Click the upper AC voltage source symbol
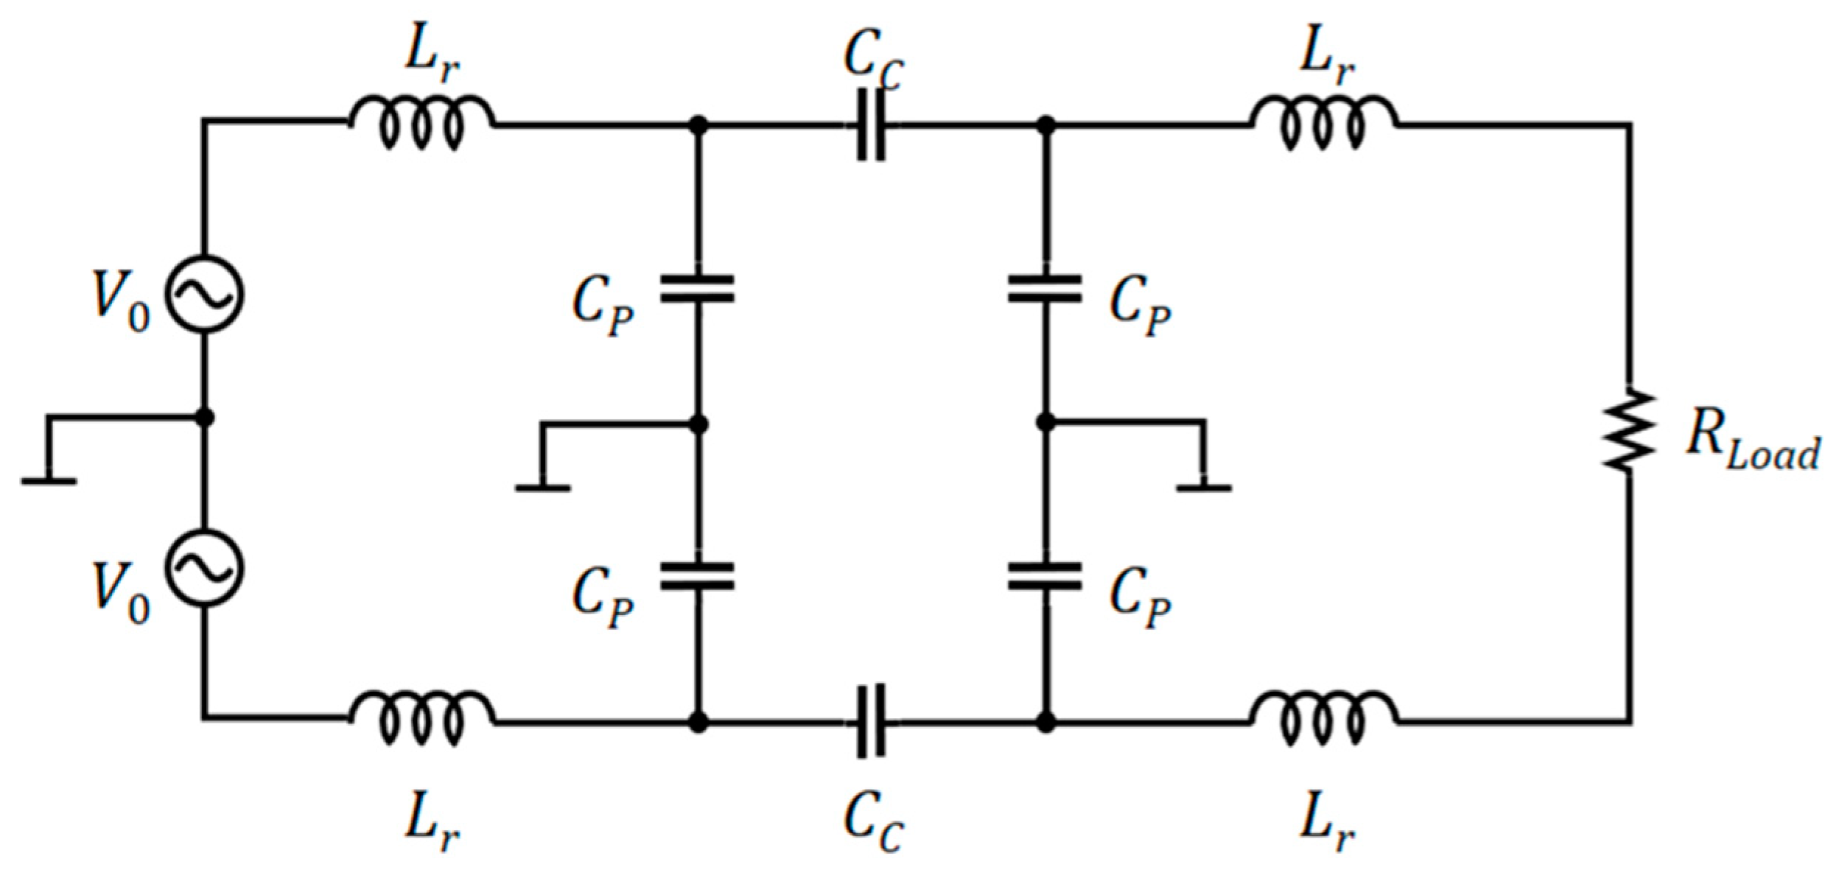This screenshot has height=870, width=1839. [x=203, y=294]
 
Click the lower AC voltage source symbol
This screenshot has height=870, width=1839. [x=203, y=568]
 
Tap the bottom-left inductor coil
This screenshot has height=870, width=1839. [x=421, y=720]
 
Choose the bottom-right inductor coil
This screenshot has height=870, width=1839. [x=1323, y=720]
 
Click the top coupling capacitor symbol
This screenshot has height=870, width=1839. [x=871, y=125]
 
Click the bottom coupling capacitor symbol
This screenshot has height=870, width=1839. [x=871, y=721]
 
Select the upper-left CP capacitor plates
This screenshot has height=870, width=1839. [x=697, y=289]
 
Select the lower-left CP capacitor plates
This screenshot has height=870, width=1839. [x=697, y=576]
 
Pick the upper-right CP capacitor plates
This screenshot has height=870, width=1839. [x=1045, y=289]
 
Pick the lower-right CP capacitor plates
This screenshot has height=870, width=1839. [x=1045, y=576]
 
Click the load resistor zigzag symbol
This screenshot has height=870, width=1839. [x=1630, y=430]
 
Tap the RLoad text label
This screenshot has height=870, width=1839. [x=1752, y=443]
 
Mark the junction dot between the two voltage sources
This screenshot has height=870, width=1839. [x=205, y=418]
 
